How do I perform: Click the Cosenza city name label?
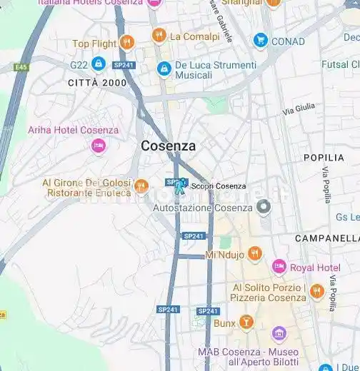168,146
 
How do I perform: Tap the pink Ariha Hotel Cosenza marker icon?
99,146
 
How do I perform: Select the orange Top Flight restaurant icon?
127,43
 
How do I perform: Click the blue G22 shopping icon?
99,64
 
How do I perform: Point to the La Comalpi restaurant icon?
159,36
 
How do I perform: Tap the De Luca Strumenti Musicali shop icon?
164,69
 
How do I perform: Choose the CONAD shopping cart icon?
261,41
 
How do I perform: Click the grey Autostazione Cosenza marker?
264,208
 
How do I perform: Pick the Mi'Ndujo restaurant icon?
255,254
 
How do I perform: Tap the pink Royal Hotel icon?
279,268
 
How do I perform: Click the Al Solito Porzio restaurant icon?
317,291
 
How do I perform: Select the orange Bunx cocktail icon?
246,322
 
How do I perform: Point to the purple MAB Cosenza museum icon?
279,335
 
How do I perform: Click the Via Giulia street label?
299,110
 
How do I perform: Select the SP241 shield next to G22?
124,65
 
